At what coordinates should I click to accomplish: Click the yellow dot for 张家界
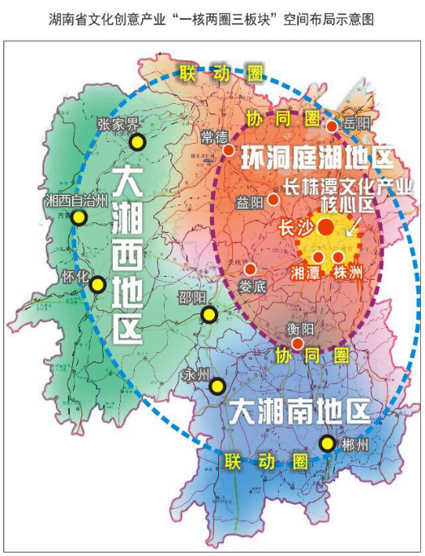137,143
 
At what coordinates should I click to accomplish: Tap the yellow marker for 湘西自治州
79,218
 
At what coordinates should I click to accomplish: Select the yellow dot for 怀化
98,284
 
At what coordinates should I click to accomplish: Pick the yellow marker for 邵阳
209,315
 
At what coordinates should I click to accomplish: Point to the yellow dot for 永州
217,386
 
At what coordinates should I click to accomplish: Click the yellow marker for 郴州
327,443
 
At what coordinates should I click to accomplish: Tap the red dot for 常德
229,150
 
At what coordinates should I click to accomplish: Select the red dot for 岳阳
332,126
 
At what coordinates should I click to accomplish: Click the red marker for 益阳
274,199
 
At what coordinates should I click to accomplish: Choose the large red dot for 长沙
325,227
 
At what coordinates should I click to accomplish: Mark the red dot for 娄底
251,269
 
